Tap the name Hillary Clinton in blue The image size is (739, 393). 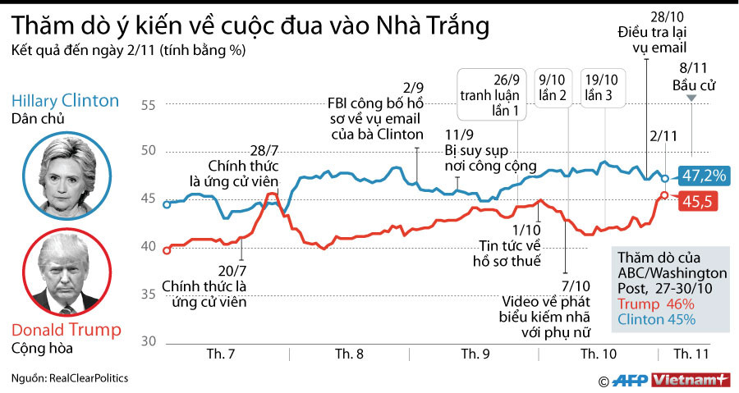pos(66,101)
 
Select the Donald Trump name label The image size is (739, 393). pos(66,330)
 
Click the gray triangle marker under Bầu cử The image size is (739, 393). pos(691,98)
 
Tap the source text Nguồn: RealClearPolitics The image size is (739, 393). pos(70,378)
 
